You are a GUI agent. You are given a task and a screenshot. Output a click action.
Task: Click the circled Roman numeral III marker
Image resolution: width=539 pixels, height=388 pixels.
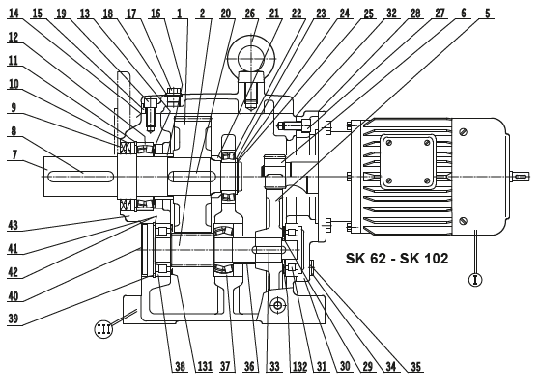pyautogui.click(x=105, y=328)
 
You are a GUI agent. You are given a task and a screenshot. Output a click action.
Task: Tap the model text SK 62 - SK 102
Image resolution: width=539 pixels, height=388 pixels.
pyautogui.click(x=397, y=259)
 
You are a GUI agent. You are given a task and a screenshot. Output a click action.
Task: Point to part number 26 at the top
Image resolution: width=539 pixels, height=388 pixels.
pyautogui.click(x=250, y=14)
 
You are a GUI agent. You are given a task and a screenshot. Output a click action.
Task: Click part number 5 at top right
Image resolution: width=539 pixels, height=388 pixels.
pyautogui.click(x=488, y=14)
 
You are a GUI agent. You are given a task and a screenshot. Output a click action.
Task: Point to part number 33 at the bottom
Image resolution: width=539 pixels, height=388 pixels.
pyautogui.click(x=273, y=366)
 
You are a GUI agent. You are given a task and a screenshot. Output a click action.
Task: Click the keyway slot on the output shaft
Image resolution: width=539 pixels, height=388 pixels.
pyautogui.click(x=82, y=174)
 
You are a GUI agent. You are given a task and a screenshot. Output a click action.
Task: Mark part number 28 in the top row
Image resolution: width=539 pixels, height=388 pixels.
pyautogui.click(x=414, y=14)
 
